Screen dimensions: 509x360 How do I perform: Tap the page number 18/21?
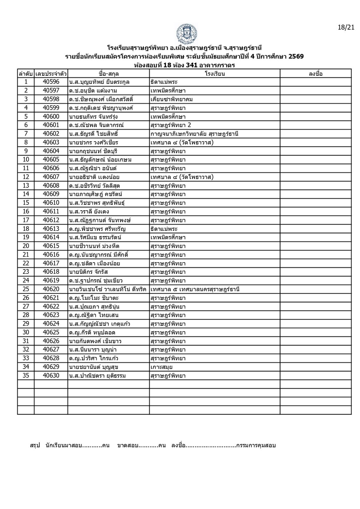click(x=346, y=27)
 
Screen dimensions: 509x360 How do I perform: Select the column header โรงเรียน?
click(x=215, y=73)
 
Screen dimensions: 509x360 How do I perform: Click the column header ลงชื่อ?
click(x=315, y=73)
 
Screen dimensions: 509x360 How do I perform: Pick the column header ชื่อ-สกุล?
click(x=109, y=73)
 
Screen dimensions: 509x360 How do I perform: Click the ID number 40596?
click(x=51, y=82)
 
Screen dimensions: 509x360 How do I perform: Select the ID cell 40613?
click(x=51, y=229)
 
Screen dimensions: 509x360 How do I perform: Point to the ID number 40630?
click(x=51, y=376)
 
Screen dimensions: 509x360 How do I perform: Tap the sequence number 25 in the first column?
click(x=26, y=289)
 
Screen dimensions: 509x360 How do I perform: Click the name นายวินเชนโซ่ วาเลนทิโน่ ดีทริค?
click(x=108, y=289)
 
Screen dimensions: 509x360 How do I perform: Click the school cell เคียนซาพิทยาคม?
click(x=172, y=99)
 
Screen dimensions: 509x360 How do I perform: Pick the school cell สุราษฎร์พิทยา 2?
click(x=171, y=125)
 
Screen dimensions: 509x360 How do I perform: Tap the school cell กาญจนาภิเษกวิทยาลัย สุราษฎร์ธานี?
click(x=194, y=134)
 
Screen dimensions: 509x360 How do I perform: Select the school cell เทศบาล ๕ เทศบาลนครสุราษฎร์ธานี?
click(x=195, y=289)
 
